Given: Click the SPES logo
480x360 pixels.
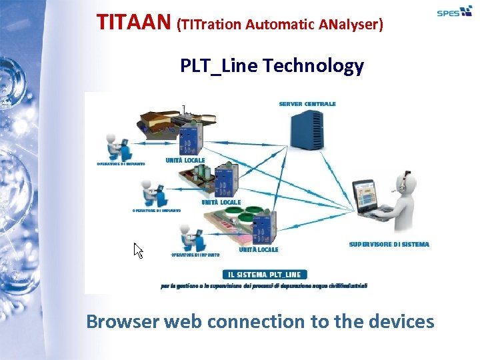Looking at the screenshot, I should pyautogui.click(x=454, y=12).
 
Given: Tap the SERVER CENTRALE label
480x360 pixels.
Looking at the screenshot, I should pyautogui.click(x=307, y=104).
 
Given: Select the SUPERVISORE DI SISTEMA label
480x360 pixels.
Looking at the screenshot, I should pyautogui.click(x=389, y=245).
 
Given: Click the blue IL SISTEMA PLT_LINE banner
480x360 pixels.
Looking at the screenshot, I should pyautogui.click(x=265, y=274).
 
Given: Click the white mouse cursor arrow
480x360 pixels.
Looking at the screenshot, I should pyautogui.click(x=138, y=251).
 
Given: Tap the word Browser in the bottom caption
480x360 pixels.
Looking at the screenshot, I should pyautogui.click(x=123, y=322).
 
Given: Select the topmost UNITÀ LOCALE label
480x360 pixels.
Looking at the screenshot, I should pyautogui.click(x=185, y=161).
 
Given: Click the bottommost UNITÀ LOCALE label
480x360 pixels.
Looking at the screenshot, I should pyautogui.click(x=259, y=250).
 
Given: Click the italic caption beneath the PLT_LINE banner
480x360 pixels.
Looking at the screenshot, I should pyautogui.click(x=264, y=285).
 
